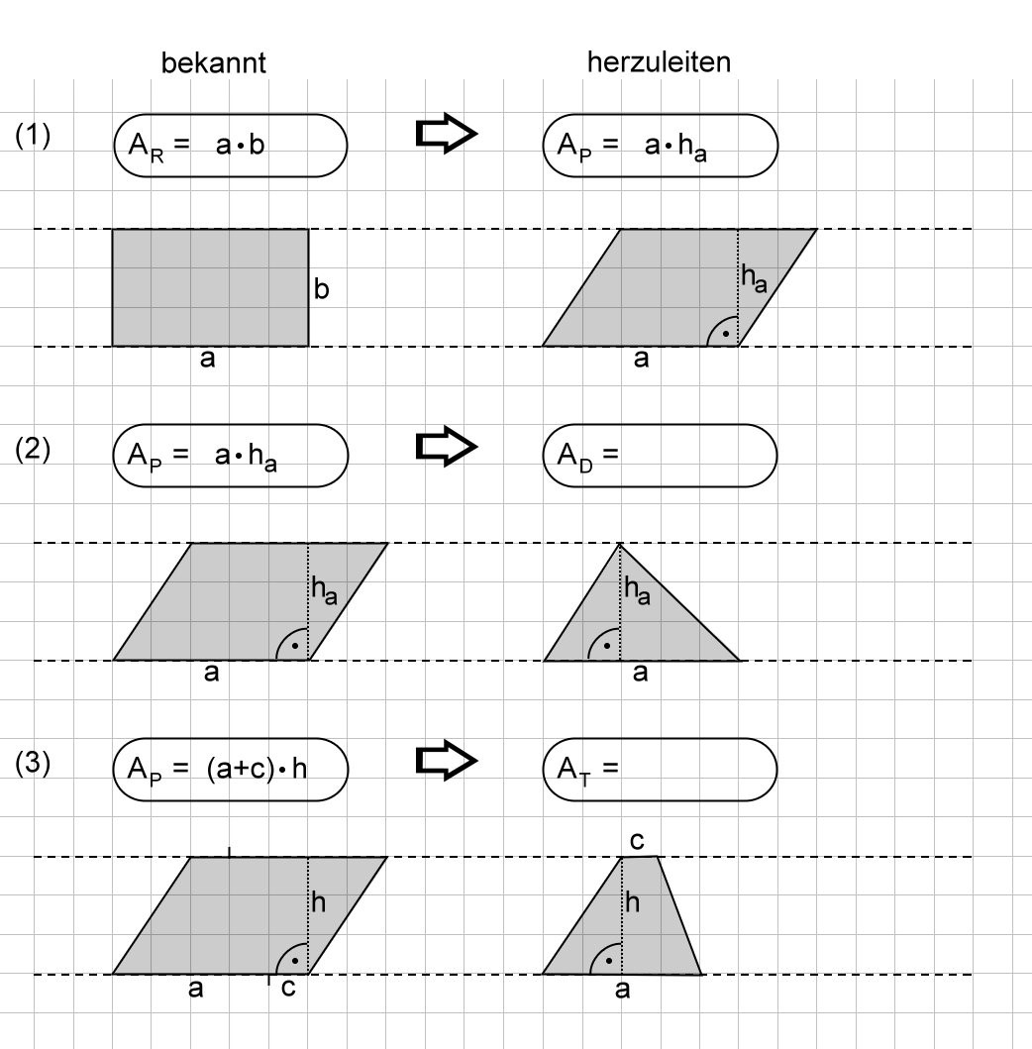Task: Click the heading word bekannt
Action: (213, 62)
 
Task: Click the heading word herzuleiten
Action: (659, 62)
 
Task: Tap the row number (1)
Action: (33, 135)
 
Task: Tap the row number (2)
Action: (33, 449)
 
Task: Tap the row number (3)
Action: (33, 763)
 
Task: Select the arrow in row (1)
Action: (446, 133)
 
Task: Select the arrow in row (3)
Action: (446, 760)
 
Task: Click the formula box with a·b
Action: (231, 146)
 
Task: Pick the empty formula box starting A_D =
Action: (661, 456)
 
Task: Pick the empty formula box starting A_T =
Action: (661, 770)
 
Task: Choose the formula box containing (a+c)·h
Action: (231, 770)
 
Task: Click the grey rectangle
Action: (210, 287)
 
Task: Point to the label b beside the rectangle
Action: (321, 289)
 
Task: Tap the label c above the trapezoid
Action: (637, 841)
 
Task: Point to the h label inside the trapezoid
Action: (633, 902)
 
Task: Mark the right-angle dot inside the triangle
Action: (607, 646)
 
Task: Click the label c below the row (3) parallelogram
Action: (288, 988)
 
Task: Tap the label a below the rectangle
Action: (207, 359)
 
